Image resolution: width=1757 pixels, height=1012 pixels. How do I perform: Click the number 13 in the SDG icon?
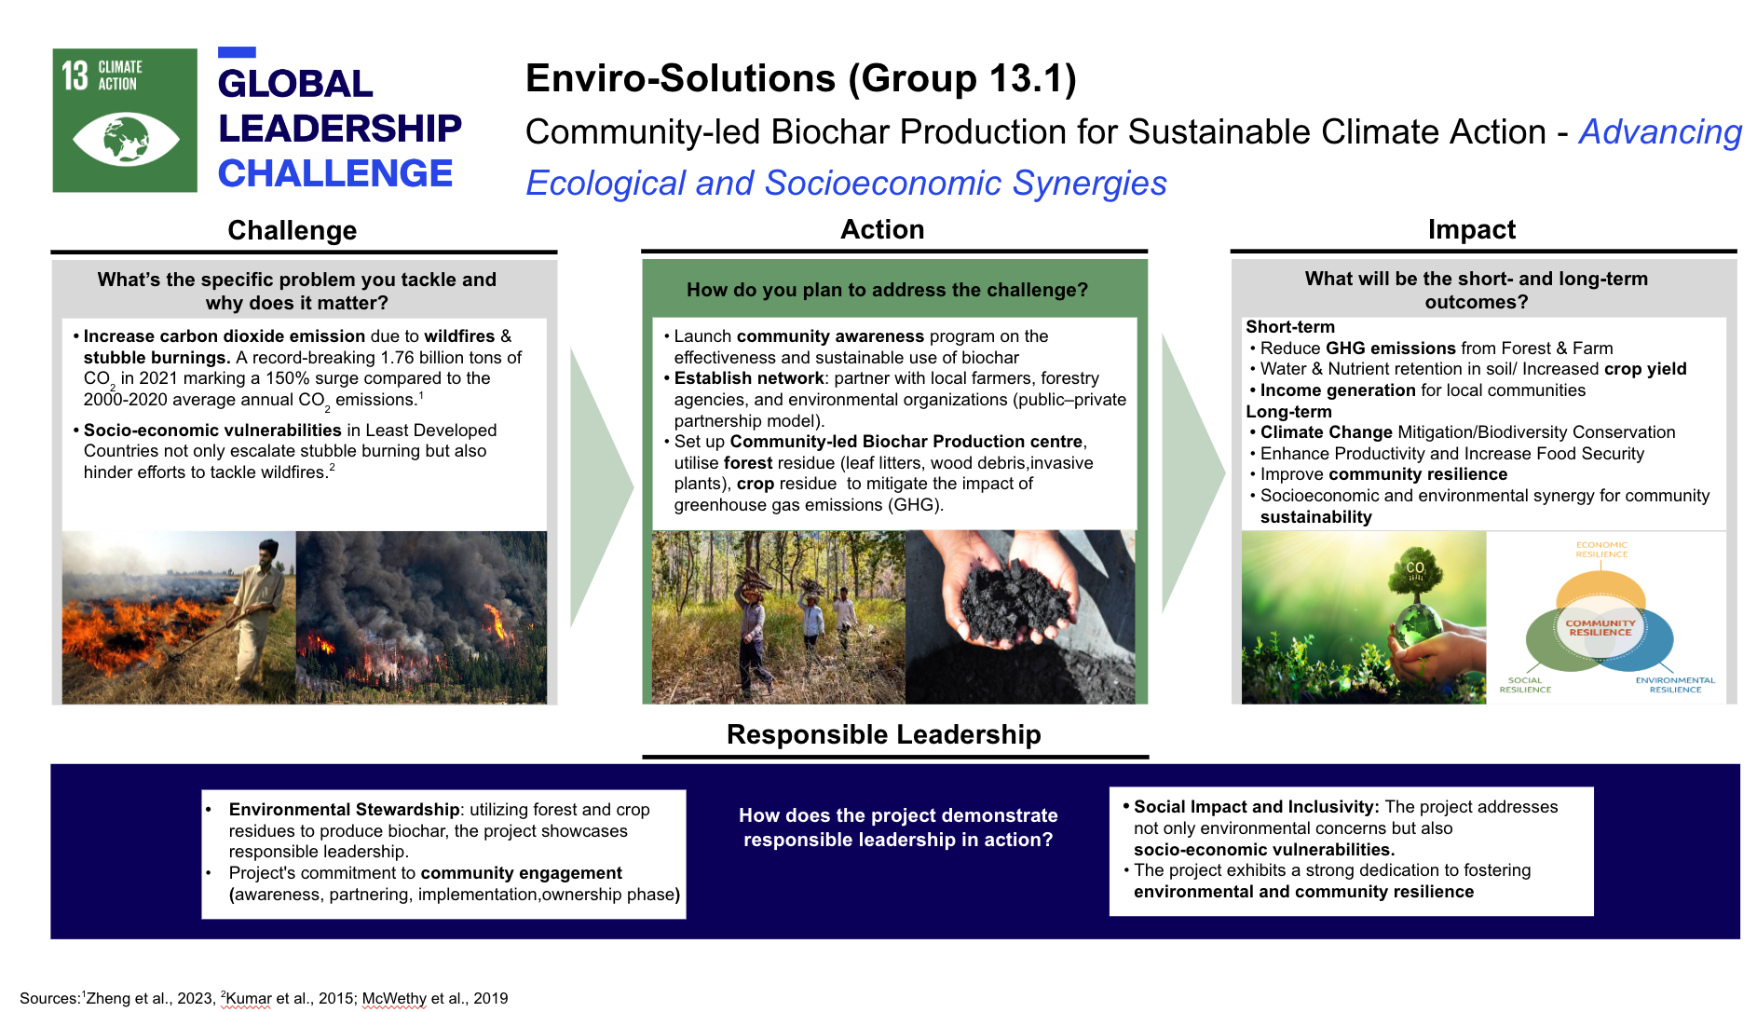pos(75,75)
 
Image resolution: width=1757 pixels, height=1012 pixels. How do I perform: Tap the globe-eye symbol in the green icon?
pos(126,139)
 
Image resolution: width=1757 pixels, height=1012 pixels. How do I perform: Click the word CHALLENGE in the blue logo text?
pos(335,174)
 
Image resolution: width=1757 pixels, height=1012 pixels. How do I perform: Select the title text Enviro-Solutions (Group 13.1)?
pos(800,78)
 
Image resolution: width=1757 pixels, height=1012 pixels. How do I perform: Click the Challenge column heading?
pos(292,230)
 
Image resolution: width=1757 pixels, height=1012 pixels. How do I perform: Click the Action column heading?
pos(882,229)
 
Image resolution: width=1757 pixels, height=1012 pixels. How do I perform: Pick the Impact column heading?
pos(1471,229)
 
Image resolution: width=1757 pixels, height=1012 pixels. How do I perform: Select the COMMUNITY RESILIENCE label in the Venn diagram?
pos(1600,627)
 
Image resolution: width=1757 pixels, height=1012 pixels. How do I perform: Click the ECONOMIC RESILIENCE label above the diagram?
pos(1601,549)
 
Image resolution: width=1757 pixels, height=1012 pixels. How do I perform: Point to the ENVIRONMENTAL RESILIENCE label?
pos(1674,685)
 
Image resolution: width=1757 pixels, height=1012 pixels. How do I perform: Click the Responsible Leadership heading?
pos(883,734)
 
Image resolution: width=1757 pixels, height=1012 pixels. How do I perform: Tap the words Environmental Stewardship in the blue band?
pos(344,810)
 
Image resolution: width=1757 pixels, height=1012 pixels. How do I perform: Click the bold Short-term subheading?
pos(1290,327)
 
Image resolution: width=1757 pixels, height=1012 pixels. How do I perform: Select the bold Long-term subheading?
pos(1288,412)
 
